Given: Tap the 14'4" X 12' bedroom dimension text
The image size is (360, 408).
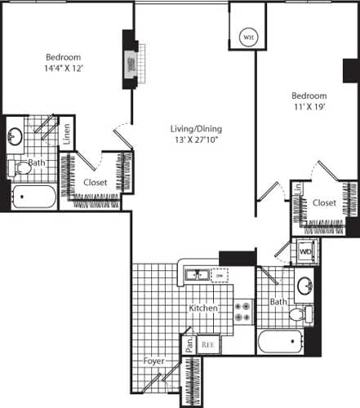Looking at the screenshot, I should (x=63, y=69).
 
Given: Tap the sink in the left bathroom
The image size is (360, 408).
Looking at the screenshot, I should (x=16, y=136).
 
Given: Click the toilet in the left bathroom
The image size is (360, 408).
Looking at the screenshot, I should (x=16, y=169).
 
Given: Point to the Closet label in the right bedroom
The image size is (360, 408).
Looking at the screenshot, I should (x=324, y=202).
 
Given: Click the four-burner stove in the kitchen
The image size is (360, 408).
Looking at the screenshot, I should (x=243, y=312).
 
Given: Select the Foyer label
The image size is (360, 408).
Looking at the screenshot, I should (x=153, y=360).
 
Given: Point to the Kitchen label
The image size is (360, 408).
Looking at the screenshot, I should (x=203, y=309).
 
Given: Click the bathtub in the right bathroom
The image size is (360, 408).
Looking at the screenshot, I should (x=282, y=342).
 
